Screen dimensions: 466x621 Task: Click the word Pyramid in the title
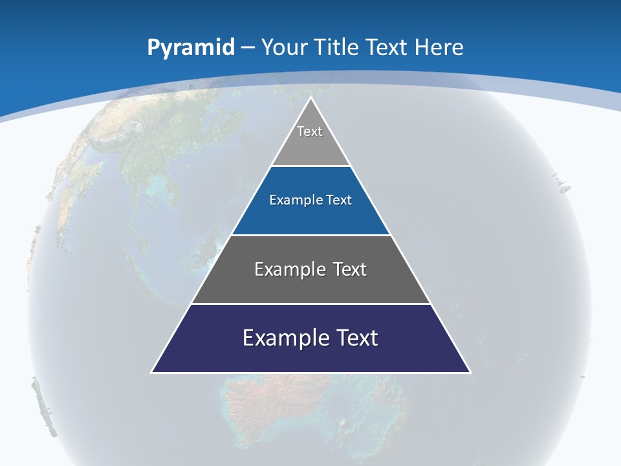coord(190,47)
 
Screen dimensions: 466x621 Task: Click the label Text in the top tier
coord(310,131)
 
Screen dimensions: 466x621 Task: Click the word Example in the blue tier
coord(293,200)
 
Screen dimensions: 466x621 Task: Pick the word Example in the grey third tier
coord(282,269)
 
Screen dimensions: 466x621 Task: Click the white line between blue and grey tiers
coord(310,235)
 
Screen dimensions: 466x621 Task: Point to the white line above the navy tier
coord(310,304)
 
